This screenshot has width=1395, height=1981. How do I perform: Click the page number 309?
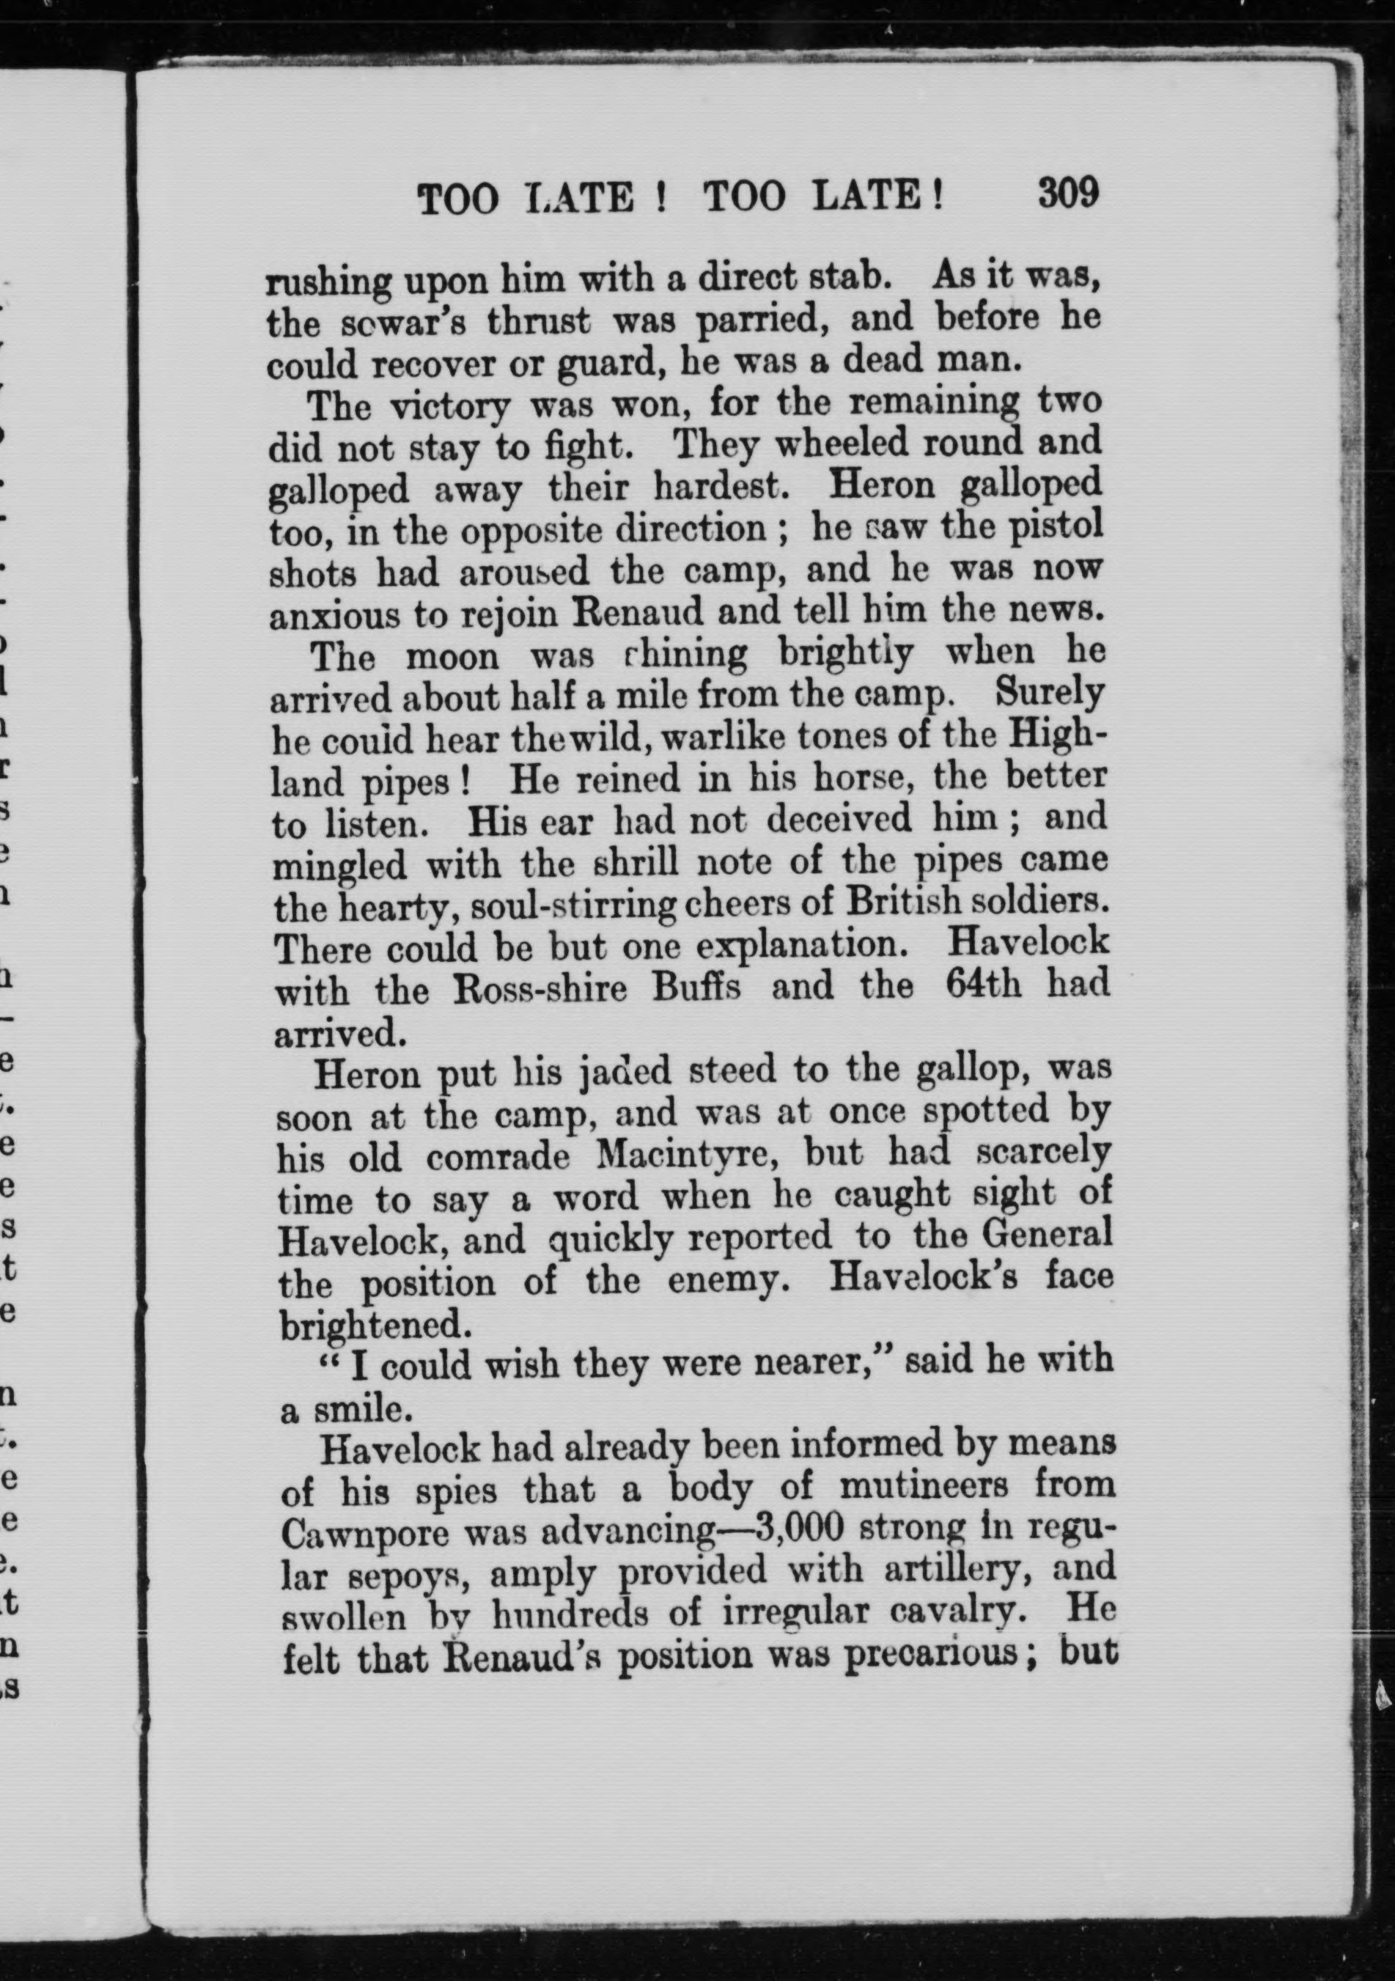pyautogui.click(x=1068, y=192)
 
